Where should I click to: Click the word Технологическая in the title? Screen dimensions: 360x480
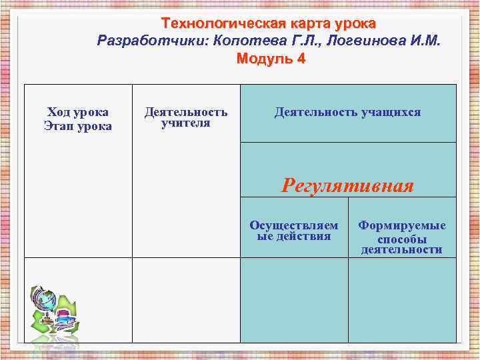click(x=227, y=23)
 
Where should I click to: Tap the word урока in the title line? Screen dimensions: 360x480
click(x=353, y=23)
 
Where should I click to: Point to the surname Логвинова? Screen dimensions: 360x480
click(x=354, y=41)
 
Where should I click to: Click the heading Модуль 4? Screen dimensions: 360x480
click(x=271, y=58)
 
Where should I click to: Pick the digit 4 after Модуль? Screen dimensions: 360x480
click(x=301, y=58)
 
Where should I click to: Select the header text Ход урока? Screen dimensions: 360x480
click(x=78, y=112)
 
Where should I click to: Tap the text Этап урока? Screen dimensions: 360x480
click(x=78, y=126)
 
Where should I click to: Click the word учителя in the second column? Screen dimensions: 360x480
click(x=186, y=123)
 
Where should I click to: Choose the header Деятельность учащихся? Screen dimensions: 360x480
click(x=347, y=112)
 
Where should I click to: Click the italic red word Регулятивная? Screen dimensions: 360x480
click(x=347, y=185)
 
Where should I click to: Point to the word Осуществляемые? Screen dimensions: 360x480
click(x=293, y=225)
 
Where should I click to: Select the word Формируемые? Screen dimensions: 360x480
click(x=402, y=226)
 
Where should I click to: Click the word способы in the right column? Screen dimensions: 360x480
click(x=402, y=239)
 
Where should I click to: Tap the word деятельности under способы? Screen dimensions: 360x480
click(x=402, y=250)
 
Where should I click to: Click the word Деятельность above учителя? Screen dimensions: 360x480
click(x=186, y=112)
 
